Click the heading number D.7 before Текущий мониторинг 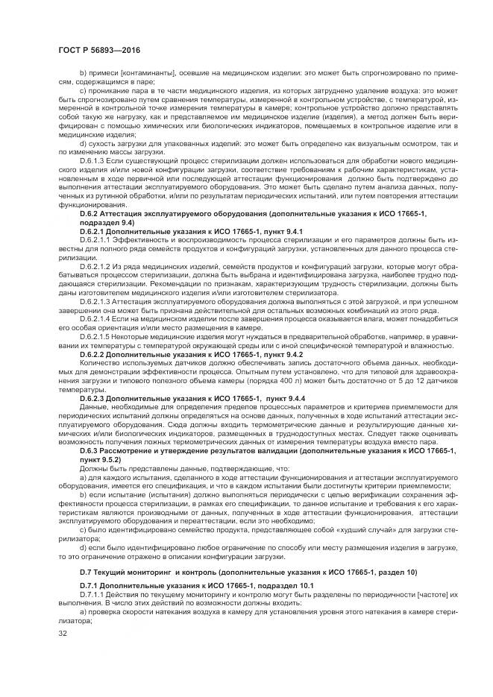(x=85, y=573)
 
